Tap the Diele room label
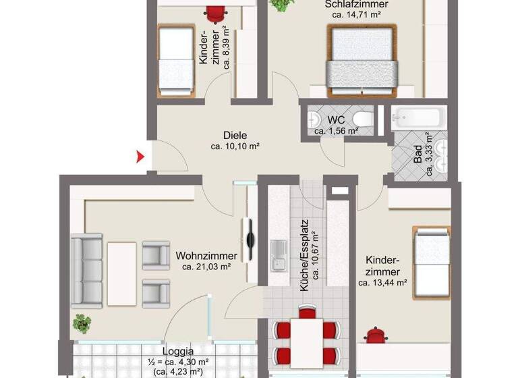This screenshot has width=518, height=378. click(x=235, y=135)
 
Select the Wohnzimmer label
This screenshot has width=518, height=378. click(x=206, y=256)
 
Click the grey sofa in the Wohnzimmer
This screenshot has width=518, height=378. click(x=86, y=270)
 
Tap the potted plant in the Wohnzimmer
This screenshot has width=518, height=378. click(x=82, y=323)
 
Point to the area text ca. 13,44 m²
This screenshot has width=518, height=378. click(x=382, y=283)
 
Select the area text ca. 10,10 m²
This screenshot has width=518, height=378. click(x=235, y=146)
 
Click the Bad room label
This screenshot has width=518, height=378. click(x=418, y=157)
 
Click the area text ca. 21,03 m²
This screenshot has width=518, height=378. click(x=206, y=267)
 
